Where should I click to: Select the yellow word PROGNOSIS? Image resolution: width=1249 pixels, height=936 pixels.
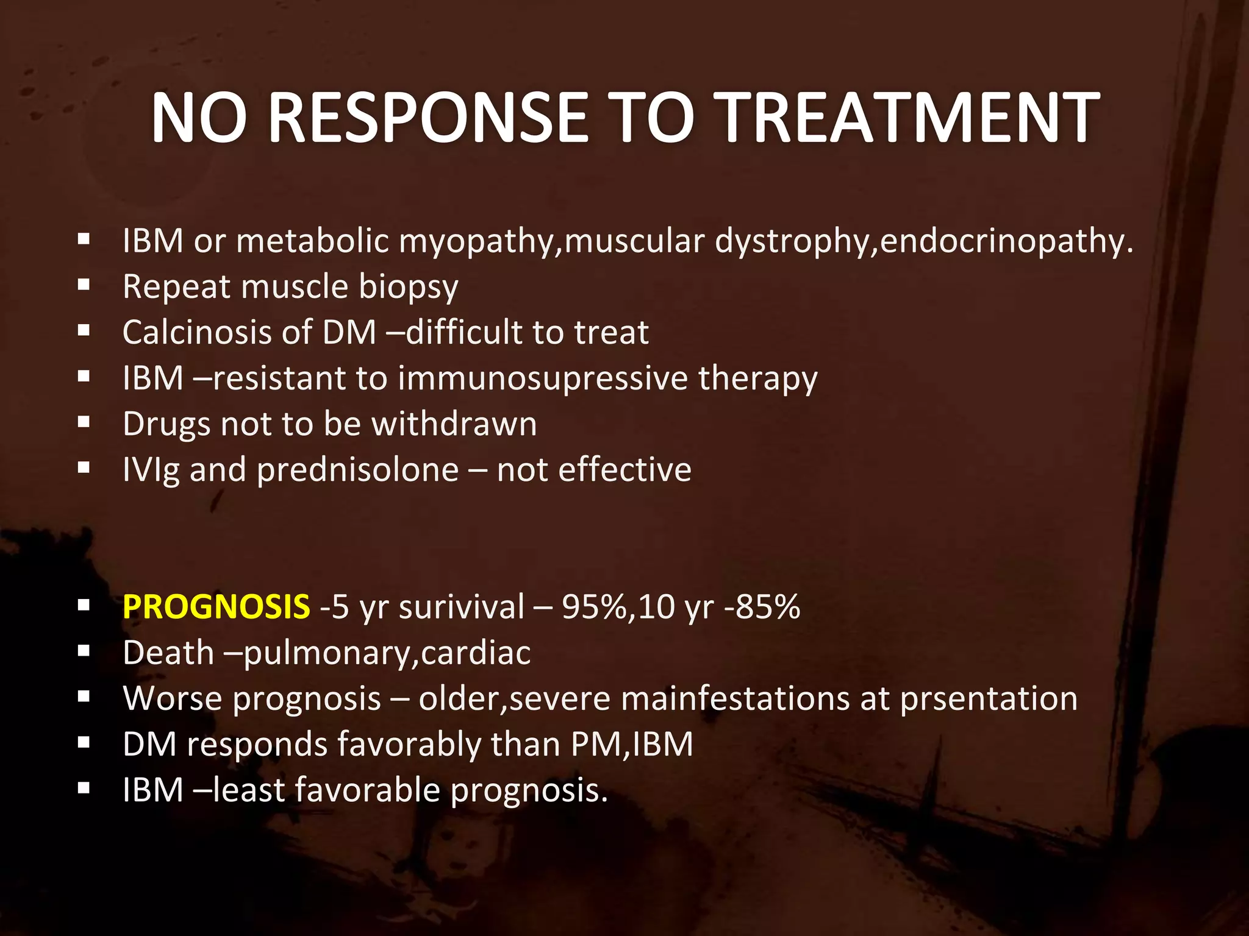pyautogui.click(x=217, y=607)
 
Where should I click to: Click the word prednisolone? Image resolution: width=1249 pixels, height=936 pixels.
pyautogui.click(x=357, y=470)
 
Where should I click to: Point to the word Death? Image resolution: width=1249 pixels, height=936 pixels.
pyautogui.click(x=168, y=653)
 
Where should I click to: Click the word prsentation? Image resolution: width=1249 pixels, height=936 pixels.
pyautogui.click(x=989, y=698)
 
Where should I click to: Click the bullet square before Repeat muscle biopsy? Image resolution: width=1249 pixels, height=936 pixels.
pyautogui.click(x=84, y=284)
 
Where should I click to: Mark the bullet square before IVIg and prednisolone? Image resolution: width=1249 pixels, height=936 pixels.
pyautogui.click(x=84, y=467)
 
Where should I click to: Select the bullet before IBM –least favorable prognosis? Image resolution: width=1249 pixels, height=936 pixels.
pyautogui.click(x=84, y=788)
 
